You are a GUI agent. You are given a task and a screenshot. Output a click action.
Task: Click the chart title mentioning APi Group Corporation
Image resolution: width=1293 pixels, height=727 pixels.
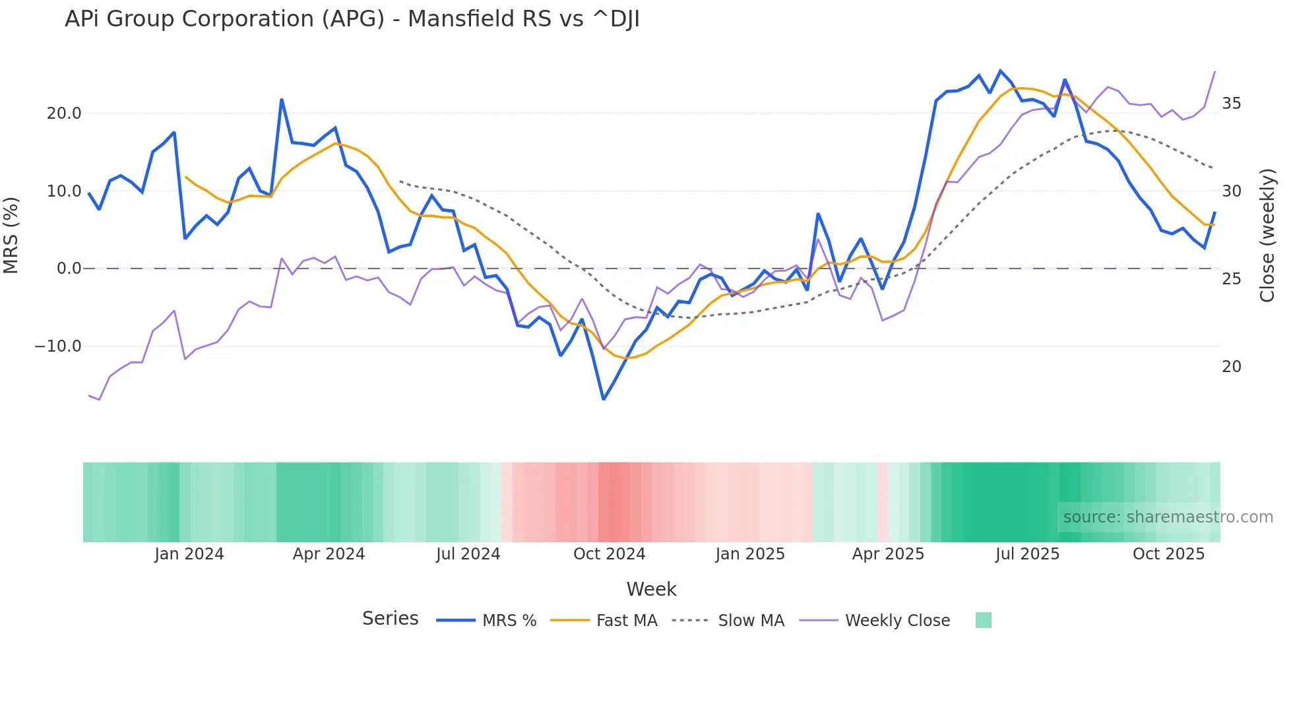pos(352,19)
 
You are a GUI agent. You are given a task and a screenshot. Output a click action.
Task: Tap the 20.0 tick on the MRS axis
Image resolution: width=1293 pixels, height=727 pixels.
pos(64,113)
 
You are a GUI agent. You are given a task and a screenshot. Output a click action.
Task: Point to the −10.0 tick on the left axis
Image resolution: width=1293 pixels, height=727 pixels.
pos(58,346)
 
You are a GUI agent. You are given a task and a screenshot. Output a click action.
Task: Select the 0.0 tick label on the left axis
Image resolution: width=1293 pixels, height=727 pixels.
pos(69,269)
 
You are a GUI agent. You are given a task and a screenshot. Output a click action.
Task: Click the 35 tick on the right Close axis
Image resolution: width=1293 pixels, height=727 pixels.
pos(1231,104)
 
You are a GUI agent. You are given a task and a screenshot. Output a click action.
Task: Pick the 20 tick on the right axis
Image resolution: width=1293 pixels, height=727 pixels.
pos(1231,367)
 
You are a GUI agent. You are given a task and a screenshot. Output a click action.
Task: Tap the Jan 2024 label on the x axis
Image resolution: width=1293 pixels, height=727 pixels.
pos(189,554)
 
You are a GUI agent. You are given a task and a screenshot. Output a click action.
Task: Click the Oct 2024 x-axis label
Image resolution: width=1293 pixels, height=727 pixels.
pos(609,554)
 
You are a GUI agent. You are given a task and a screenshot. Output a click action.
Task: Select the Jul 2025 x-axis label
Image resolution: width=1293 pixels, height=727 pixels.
pos(1027,554)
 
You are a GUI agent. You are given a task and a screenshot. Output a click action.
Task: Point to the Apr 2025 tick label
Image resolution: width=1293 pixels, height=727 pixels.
pos(888,554)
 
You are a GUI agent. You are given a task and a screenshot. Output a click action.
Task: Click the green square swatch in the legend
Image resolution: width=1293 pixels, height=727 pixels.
pos(983,620)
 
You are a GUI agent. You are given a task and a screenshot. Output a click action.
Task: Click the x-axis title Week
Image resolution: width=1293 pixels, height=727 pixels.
pos(651,589)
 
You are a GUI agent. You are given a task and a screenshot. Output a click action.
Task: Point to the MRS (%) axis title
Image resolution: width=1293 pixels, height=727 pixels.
pos(11,236)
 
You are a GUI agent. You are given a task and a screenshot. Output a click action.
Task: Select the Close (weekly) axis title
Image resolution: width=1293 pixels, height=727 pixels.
pos(1267,236)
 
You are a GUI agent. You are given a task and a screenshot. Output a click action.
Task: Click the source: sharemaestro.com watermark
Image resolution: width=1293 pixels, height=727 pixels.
pos(1168,517)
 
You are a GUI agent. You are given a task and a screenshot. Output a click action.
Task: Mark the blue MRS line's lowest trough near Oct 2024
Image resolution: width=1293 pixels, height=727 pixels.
pos(604,399)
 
